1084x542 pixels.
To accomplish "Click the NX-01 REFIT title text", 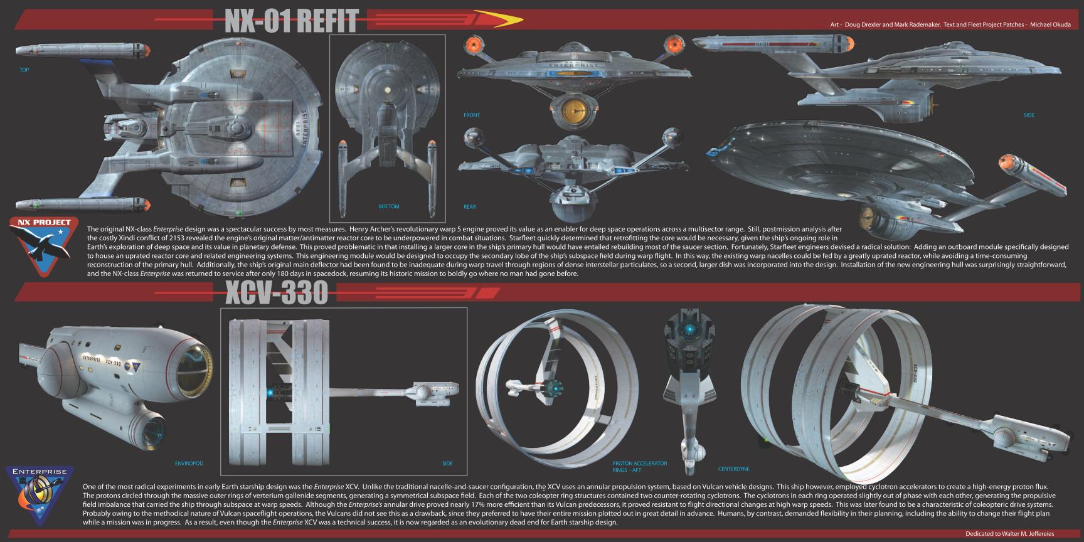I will (x=291, y=21).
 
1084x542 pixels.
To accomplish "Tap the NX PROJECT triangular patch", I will (x=45, y=245).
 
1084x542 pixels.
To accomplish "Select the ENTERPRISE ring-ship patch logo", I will (x=39, y=496).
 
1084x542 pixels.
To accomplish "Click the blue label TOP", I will (x=24, y=70).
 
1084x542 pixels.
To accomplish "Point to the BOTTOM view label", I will (x=388, y=206).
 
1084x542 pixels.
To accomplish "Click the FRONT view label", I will (x=471, y=115).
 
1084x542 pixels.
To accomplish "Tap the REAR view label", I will (x=469, y=206).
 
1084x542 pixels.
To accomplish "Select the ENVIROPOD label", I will (x=189, y=464).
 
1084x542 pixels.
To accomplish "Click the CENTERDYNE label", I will (x=733, y=469).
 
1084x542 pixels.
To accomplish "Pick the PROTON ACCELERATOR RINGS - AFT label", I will (x=639, y=466).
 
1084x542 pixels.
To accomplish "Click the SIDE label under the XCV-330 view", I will (x=447, y=464).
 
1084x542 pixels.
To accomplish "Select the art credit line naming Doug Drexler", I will (x=950, y=25).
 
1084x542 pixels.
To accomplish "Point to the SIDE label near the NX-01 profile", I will (x=1029, y=115).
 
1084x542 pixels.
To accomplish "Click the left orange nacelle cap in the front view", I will (x=472, y=45).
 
